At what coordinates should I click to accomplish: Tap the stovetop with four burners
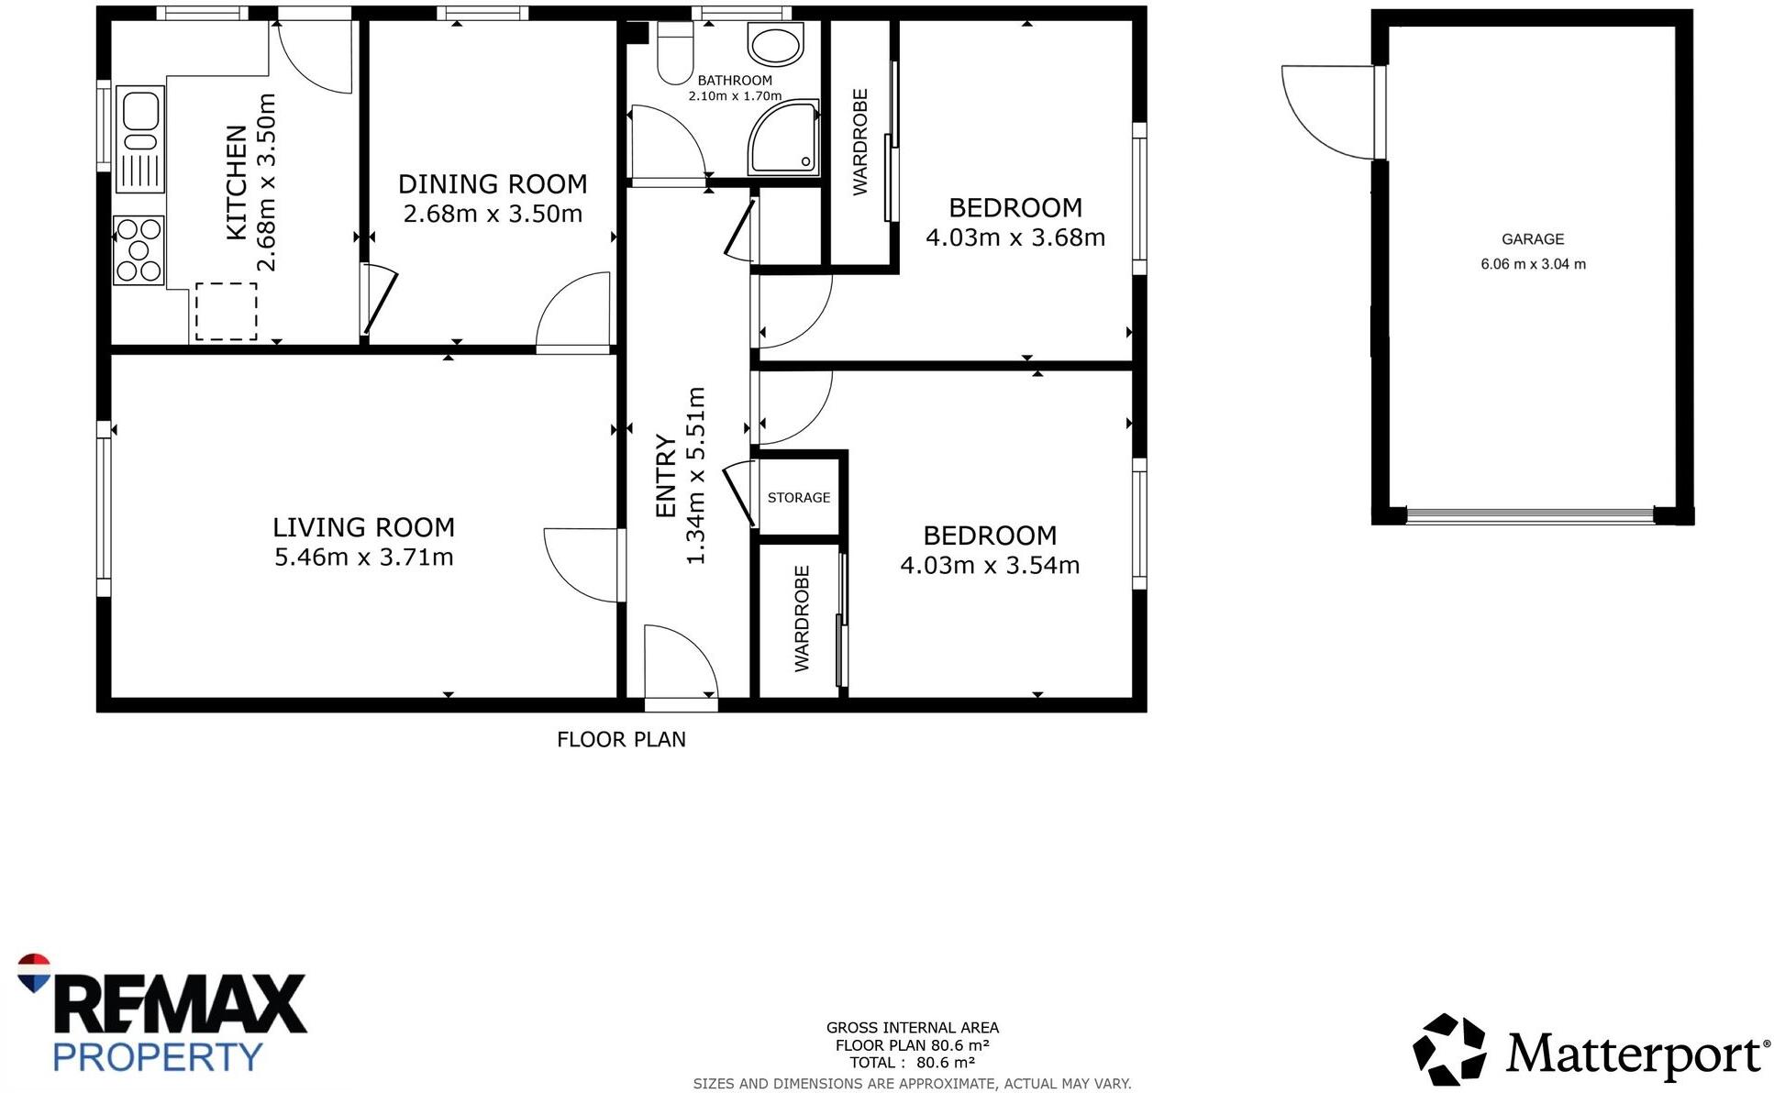click(x=139, y=249)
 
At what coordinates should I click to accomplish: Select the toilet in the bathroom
click(x=674, y=53)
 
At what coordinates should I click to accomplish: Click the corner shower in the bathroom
click(x=783, y=138)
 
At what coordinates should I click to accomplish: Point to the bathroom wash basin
click(x=775, y=43)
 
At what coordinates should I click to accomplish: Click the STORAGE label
click(x=798, y=497)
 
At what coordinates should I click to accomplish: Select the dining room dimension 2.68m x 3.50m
click(x=493, y=214)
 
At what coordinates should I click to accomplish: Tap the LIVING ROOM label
click(x=363, y=527)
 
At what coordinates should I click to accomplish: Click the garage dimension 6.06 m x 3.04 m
click(x=1533, y=264)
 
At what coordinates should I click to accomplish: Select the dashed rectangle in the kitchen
click(x=226, y=311)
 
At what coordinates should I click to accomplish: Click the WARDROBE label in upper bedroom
click(x=859, y=142)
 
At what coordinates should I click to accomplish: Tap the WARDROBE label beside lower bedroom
click(x=802, y=619)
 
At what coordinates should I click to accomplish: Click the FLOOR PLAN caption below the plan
click(x=621, y=739)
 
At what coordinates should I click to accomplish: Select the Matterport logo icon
click(x=1448, y=1051)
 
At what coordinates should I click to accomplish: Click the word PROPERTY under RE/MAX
click(x=158, y=1056)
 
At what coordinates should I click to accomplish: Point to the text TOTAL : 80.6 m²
click(x=912, y=1063)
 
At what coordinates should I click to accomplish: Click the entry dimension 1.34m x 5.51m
click(x=695, y=475)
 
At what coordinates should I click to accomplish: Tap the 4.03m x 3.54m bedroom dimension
click(x=990, y=565)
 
